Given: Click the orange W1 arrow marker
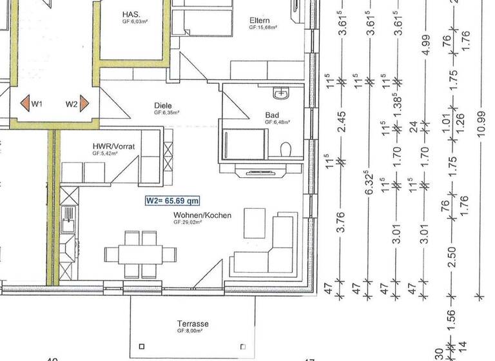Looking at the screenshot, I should point(24,103).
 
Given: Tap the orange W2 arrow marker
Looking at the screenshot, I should point(84,103).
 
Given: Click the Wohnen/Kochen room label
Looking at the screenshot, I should point(202,215).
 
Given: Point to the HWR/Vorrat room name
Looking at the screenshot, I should point(113,147).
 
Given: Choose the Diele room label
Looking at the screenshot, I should point(163,105).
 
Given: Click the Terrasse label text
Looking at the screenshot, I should point(193,323).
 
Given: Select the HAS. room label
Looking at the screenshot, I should point(132,14).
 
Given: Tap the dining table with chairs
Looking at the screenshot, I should point(141,253).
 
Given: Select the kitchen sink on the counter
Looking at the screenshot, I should point(67,225).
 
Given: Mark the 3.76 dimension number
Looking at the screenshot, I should point(341,221).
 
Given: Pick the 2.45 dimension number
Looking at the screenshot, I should point(341,119).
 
